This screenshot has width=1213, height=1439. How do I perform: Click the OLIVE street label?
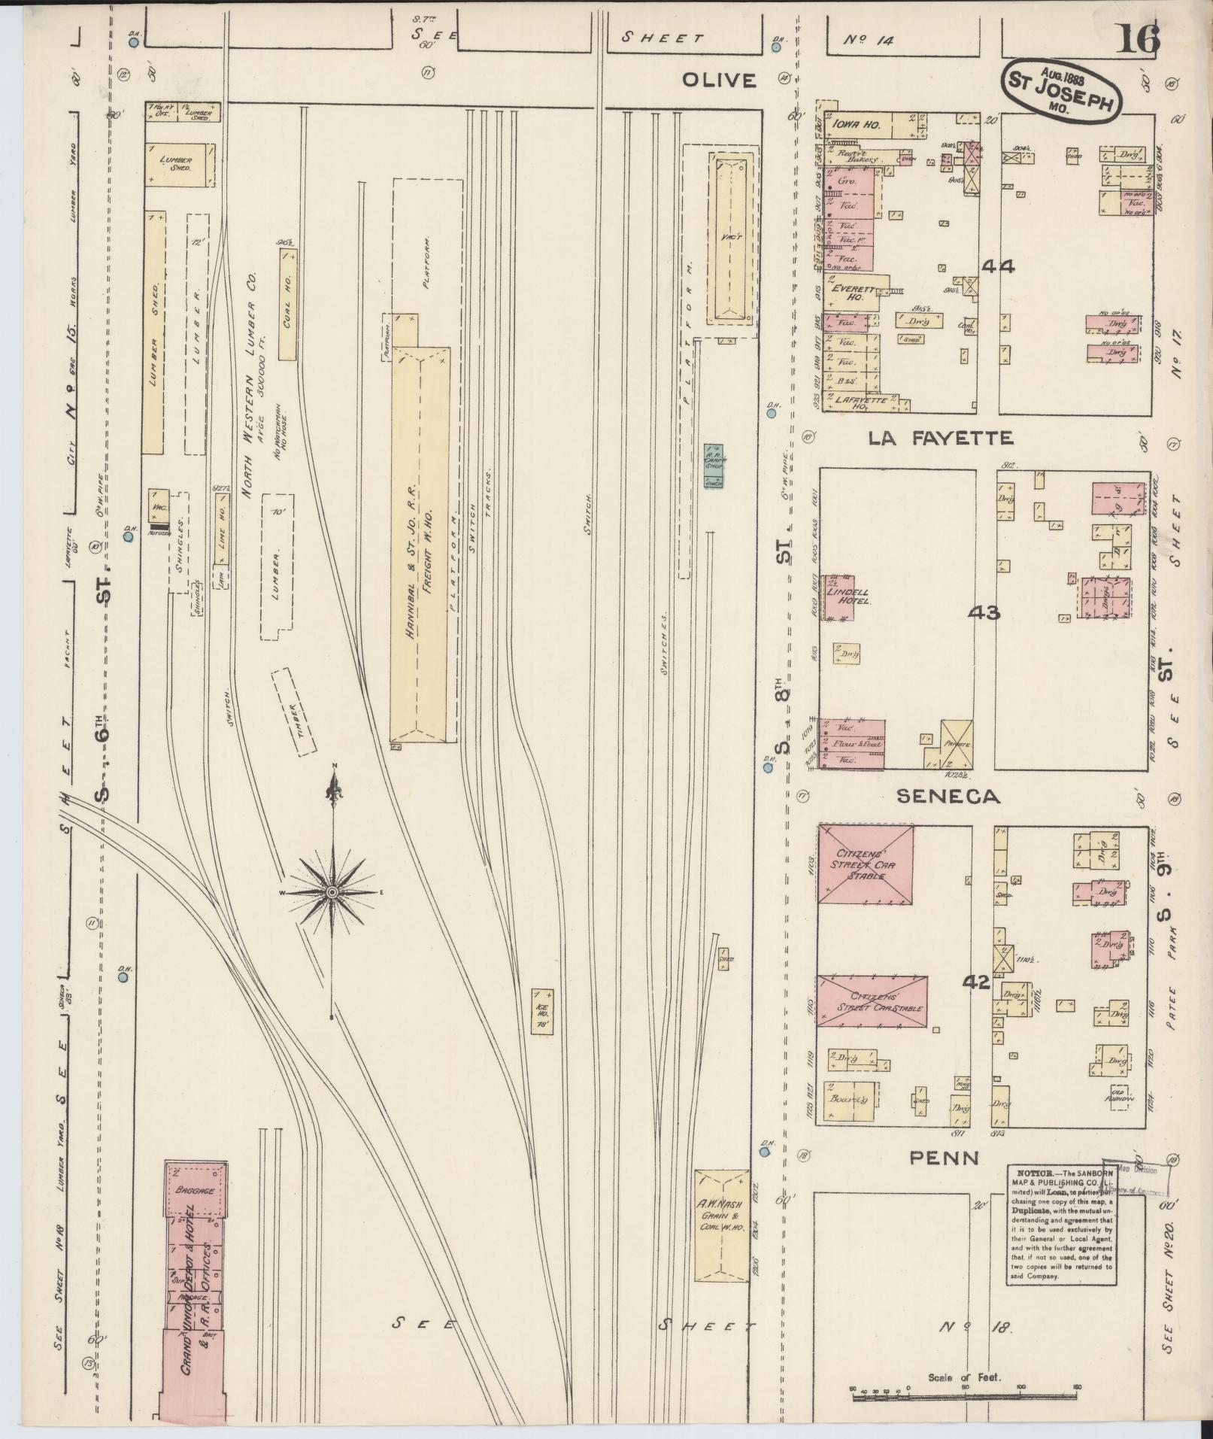718,80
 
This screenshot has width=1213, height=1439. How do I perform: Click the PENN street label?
945,1158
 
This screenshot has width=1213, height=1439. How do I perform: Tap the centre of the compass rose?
332,892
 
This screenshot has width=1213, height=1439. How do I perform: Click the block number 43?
984,613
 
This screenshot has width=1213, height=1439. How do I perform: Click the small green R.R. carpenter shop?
713,466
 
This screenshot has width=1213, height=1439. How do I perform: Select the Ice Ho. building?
542,1012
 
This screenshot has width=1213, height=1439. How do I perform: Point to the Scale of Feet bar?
966,1398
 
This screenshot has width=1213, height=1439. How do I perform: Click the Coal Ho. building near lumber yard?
287,305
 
